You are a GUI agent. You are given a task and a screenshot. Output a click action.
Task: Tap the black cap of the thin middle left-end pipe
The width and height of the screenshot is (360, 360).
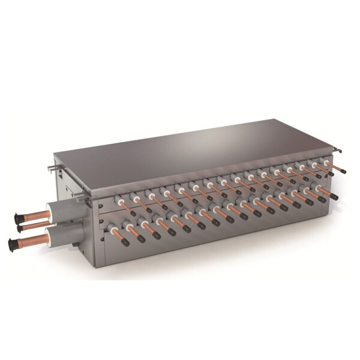20,229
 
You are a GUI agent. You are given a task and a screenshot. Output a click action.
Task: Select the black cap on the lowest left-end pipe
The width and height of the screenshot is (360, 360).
13,244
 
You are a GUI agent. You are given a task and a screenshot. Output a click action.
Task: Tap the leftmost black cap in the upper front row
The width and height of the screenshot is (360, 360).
133,213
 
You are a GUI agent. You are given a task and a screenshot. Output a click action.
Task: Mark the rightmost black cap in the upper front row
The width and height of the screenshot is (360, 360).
344,171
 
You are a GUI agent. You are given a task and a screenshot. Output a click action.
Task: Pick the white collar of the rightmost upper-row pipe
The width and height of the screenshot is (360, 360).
328,162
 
